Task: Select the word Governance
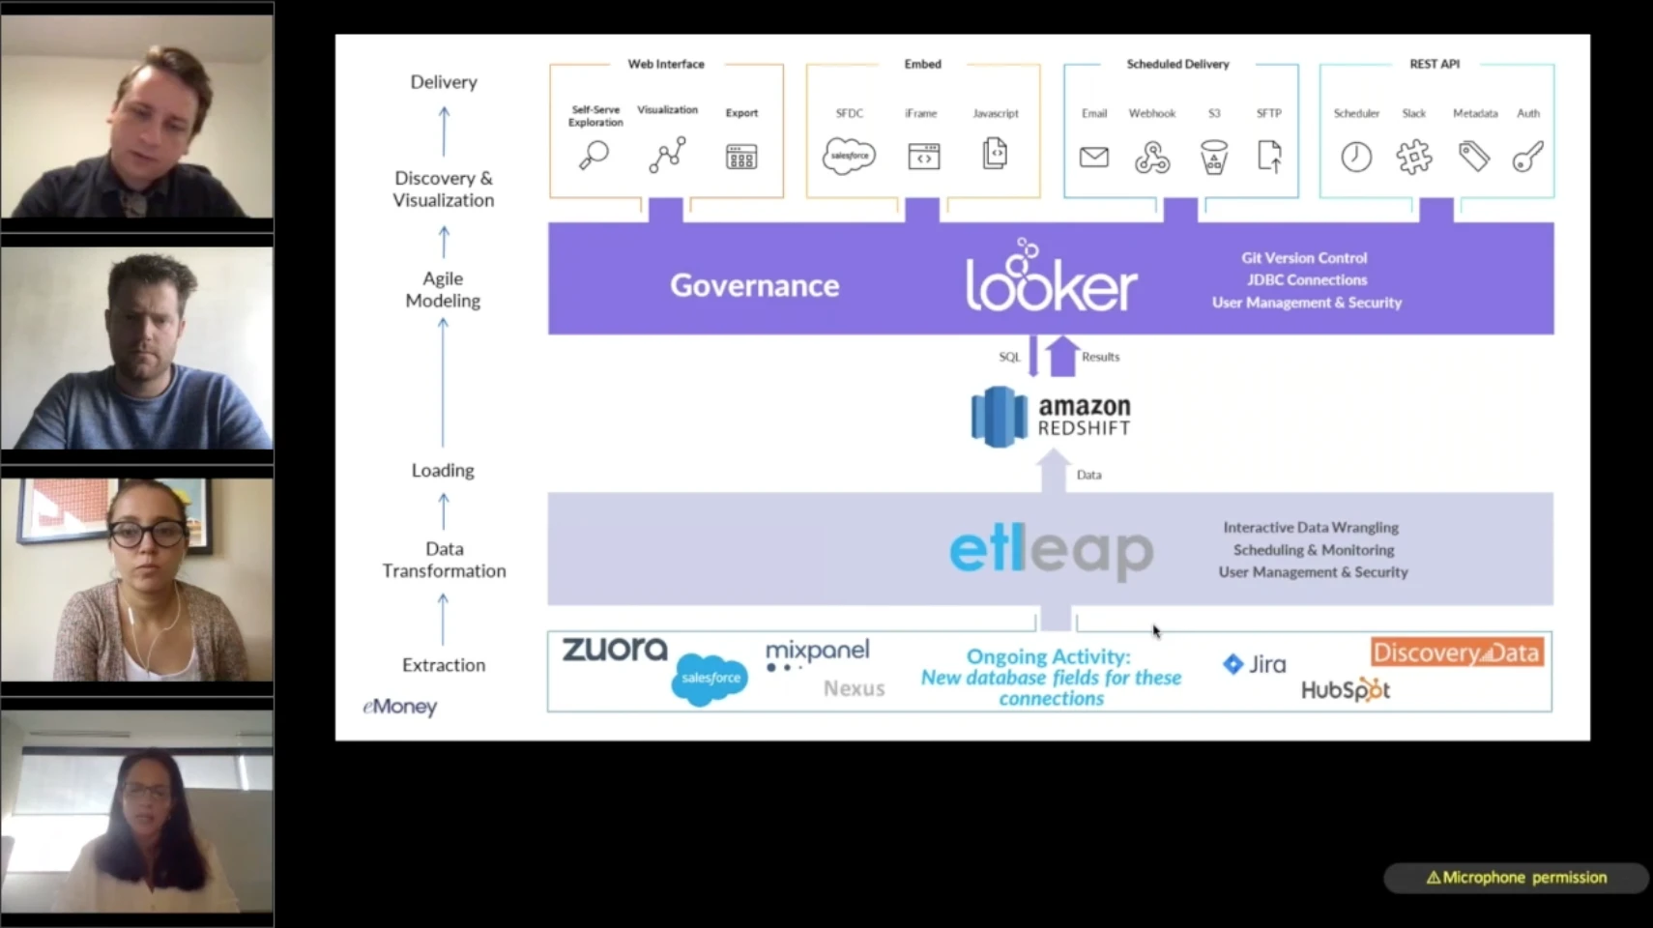754,285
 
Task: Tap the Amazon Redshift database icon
999,417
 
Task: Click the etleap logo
1051,550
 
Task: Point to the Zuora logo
615,650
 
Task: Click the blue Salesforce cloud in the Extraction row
710,679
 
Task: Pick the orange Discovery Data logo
1456,652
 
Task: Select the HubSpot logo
1345,690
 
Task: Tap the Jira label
1255,664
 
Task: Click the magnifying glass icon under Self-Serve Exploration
594,156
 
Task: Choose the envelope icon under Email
1093,157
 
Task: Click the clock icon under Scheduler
1355,157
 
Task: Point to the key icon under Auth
1527,157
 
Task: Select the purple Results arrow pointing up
1062,356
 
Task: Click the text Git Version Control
1304,258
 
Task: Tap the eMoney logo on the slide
400,707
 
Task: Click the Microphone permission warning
1515,878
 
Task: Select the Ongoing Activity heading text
1048,656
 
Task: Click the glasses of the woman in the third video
146,533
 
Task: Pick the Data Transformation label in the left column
444,560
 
